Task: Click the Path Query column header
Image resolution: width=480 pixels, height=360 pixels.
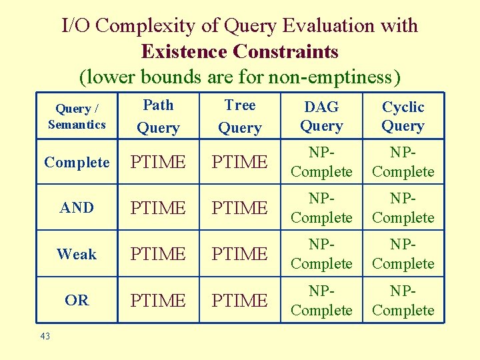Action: pyautogui.click(x=158, y=116)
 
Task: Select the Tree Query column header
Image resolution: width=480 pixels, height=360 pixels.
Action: pyautogui.click(x=240, y=116)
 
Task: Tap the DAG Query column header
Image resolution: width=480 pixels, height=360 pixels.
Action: pyautogui.click(x=321, y=116)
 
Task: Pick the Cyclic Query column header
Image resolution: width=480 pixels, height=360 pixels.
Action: pyautogui.click(x=403, y=116)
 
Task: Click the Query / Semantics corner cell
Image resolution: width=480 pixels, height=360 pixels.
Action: pyautogui.click(x=77, y=116)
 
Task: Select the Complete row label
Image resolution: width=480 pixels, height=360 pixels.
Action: pyautogui.click(x=77, y=162)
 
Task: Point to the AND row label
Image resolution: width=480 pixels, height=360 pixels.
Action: pyautogui.click(x=77, y=208)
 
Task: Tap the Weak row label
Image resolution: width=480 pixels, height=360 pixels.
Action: pyautogui.click(x=77, y=254)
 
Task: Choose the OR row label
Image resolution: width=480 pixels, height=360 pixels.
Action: pyautogui.click(x=77, y=300)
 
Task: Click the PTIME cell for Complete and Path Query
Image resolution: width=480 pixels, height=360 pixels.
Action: pyautogui.click(x=158, y=162)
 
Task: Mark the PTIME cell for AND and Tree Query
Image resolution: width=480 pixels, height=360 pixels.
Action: pyautogui.click(x=240, y=208)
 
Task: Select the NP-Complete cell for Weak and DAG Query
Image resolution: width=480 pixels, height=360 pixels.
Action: pyautogui.click(x=321, y=254)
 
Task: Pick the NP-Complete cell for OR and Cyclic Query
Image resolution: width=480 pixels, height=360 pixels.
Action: pyautogui.click(x=403, y=300)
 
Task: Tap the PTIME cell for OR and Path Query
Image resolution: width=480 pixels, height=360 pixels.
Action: pyautogui.click(x=158, y=300)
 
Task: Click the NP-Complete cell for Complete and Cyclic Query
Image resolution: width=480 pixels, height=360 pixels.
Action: pyautogui.click(x=403, y=162)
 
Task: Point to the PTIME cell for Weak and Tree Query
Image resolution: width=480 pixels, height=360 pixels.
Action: pyautogui.click(x=240, y=254)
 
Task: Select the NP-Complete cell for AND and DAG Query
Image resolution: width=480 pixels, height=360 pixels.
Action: pyautogui.click(x=321, y=208)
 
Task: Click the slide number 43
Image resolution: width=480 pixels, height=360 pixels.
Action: pyautogui.click(x=45, y=336)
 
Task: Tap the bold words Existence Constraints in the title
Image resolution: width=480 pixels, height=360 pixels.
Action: pyautogui.click(x=239, y=51)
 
